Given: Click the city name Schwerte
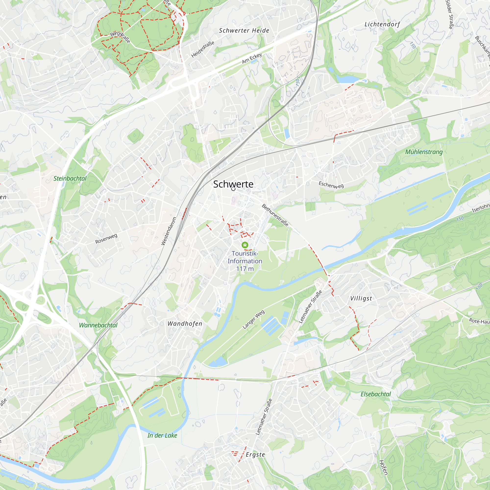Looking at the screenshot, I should tap(233, 184).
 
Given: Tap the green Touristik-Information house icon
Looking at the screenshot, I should tap(245, 245).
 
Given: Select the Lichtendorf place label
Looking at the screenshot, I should tap(382, 24).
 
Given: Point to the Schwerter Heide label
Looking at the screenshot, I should tap(244, 30).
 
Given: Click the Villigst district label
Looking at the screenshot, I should tap(361, 298).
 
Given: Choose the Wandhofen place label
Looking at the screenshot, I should tap(185, 324).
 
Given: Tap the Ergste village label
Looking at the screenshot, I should tap(255, 455).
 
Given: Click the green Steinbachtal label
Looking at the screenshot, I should tap(70, 179).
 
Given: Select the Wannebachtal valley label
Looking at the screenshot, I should tap(98, 325).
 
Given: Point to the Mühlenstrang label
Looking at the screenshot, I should tap(424, 152).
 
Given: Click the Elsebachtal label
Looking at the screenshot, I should tap(376, 394).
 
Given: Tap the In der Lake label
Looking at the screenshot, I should tap(162, 435).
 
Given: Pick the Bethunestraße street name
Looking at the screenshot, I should tap(275, 215).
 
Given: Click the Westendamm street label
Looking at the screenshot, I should tap(169, 231).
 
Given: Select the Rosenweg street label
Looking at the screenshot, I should tap(106, 239).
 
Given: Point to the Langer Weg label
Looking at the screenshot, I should tap(253, 319).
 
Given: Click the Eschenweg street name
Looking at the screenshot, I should tap(331, 185).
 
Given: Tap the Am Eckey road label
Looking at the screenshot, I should tap(252, 58).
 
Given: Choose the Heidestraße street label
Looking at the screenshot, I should tap(203, 49).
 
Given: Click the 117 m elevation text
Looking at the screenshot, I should tap(245, 269).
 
